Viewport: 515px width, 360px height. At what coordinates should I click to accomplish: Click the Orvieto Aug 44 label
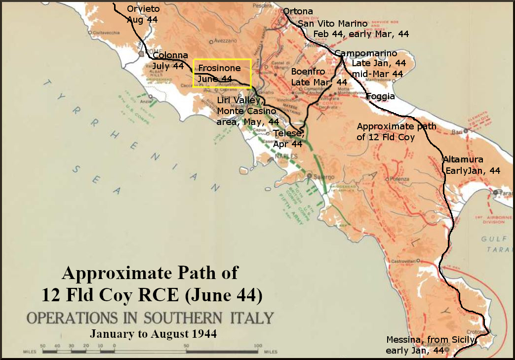coord(143,14)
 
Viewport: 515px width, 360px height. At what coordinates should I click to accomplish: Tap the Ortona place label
coord(298,11)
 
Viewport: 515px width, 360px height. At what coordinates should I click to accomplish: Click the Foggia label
coord(381,97)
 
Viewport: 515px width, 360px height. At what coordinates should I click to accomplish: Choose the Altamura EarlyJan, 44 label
coord(473,165)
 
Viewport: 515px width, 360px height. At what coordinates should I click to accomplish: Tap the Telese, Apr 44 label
coord(288,138)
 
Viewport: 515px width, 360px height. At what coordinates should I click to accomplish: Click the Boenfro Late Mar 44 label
coord(319,77)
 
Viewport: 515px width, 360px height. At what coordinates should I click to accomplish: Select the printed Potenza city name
coord(400,179)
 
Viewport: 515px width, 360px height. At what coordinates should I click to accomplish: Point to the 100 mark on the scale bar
coord(257,345)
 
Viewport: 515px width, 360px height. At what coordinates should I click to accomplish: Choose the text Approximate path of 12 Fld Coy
coord(396,132)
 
